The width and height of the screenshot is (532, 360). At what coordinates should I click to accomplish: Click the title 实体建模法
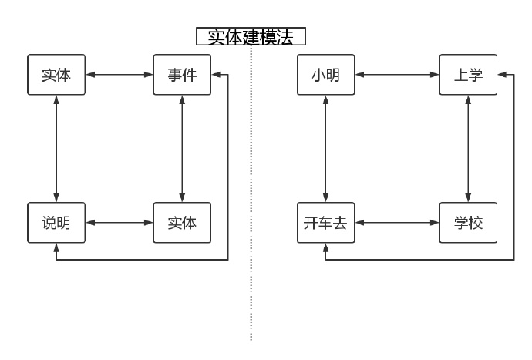[251, 37]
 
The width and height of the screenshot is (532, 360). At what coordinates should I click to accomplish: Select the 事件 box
[182, 75]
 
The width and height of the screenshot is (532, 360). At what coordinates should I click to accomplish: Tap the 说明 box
[56, 223]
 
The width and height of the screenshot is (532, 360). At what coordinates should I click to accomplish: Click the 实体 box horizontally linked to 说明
[182, 223]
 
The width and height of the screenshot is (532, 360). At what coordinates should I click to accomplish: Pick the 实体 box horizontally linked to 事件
[56, 75]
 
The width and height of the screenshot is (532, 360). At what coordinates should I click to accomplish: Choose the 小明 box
[326, 75]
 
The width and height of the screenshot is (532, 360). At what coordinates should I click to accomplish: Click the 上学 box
[468, 75]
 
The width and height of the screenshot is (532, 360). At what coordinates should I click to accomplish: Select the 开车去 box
[326, 223]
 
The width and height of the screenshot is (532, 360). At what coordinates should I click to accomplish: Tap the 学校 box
[468, 223]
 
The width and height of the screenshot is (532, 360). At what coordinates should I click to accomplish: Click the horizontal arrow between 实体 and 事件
[119, 75]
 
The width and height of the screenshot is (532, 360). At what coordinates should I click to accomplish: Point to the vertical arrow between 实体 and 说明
[56, 148]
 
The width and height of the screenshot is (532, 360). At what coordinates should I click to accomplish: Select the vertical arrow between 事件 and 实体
[182, 148]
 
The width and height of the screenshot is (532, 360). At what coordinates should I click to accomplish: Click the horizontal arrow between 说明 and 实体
[119, 223]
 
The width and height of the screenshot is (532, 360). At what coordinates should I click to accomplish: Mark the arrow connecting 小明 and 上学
[397, 75]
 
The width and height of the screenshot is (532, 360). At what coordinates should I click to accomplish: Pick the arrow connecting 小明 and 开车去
[326, 148]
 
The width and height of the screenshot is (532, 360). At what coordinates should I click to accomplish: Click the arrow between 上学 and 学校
[468, 148]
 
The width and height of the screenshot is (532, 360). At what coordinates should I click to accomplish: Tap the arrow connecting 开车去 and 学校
[397, 223]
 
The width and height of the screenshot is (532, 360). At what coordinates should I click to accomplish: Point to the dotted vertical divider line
[251, 193]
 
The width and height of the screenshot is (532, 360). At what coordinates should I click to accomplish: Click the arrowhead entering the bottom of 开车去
[326, 247]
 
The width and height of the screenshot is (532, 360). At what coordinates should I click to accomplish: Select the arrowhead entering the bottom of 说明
[56, 247]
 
